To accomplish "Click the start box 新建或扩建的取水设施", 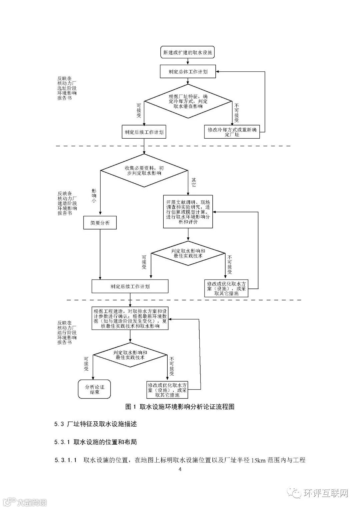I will pos(188,53).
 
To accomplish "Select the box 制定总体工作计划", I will pos(188,72).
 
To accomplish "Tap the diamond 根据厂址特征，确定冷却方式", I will pos(188,101).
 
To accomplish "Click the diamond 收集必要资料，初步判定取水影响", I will pos(144,171).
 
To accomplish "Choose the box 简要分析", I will pos(100,223).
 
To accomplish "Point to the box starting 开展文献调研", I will pos(188,212).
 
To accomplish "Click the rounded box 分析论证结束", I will pos(94,389).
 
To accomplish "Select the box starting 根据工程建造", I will pos(130,319).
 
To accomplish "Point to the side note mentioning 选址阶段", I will pos(67,89).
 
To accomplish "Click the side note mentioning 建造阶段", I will pos(67,203).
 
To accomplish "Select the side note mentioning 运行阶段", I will pos(67,333).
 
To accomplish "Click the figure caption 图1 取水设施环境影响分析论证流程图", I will pos(180,407).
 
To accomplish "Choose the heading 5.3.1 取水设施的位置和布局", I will pos(96,442).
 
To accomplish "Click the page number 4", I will pos(180,469).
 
